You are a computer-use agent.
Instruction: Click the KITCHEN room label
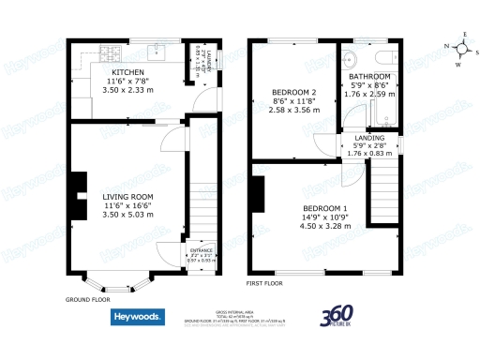coord(127,72)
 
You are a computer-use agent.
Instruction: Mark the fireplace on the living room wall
coord(71,197)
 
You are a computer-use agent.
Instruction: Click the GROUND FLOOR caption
coord(87,300)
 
